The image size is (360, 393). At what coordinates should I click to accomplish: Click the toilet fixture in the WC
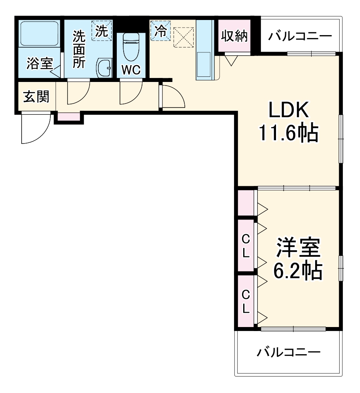pos(131,47)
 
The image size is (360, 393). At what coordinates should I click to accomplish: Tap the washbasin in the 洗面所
pos(104,68)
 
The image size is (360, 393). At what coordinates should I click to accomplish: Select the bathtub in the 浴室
pos(39,33)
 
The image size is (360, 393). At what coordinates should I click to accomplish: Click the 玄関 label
pos(36,96)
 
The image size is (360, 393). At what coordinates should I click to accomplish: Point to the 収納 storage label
pos(234,36)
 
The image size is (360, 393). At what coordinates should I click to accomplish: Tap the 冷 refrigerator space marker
pos(160,30)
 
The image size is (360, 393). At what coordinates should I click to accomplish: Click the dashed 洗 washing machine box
pos(102,30)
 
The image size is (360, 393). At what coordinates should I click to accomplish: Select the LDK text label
pos(288,110)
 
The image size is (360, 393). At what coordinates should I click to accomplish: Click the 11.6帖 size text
pos(288,133)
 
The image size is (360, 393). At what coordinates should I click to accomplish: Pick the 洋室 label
pos(298,247)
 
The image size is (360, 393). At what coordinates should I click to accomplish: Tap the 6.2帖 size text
pos(298,270)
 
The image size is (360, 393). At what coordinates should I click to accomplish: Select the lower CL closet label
pos(246,301)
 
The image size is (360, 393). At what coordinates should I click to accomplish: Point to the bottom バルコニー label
pos(288,352)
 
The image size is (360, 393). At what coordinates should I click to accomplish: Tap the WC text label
pos(131,70)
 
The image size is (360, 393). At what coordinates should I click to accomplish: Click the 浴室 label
pos(40,64)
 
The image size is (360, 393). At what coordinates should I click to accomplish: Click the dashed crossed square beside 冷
pos(184,37)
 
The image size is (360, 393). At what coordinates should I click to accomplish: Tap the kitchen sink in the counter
pos(204,65)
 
